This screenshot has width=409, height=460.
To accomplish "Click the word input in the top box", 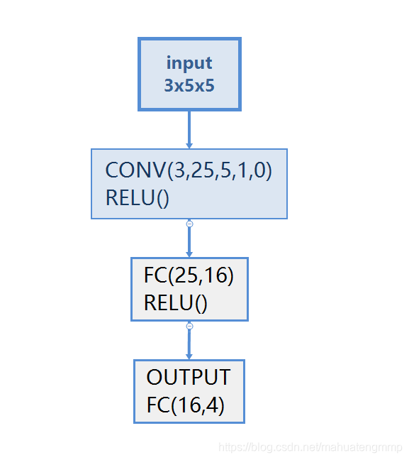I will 189,62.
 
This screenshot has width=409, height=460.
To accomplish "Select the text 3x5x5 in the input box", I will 189,86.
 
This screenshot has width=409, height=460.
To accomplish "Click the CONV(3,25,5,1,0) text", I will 189,171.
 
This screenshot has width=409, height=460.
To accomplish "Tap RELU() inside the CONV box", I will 138,198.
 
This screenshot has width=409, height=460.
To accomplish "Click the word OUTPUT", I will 189,377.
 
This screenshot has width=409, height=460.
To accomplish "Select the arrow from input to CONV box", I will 189,128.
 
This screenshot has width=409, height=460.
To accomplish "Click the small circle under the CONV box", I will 189,224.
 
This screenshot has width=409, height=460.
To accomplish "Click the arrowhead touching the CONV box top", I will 189,145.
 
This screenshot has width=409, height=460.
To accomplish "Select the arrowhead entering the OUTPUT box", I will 189,356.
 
